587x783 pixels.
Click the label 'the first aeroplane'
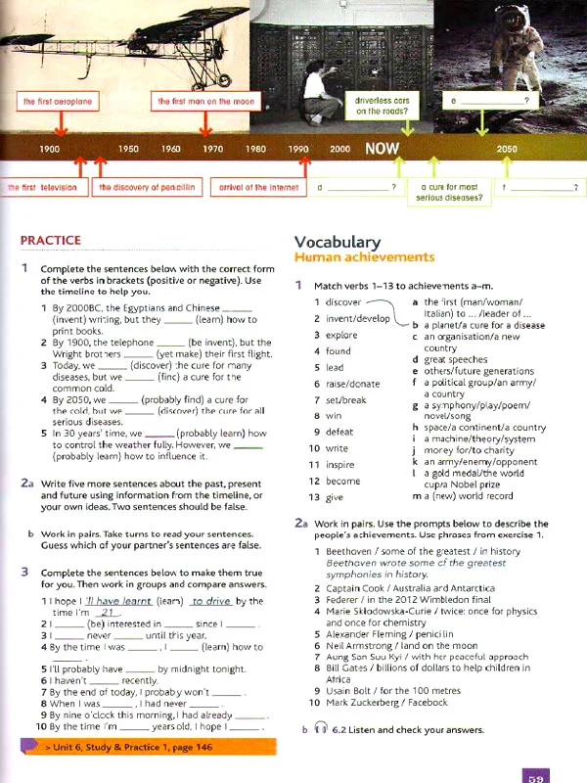tap(58, 101)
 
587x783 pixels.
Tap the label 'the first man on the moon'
tap(204, 101)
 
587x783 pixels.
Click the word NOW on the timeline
tap(383, 149)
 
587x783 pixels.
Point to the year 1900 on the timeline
tap(50, 149)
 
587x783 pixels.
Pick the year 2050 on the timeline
tap(507, 149)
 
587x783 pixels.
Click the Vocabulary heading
tap(337, 242)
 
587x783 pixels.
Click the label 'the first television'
tap(42, 186)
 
